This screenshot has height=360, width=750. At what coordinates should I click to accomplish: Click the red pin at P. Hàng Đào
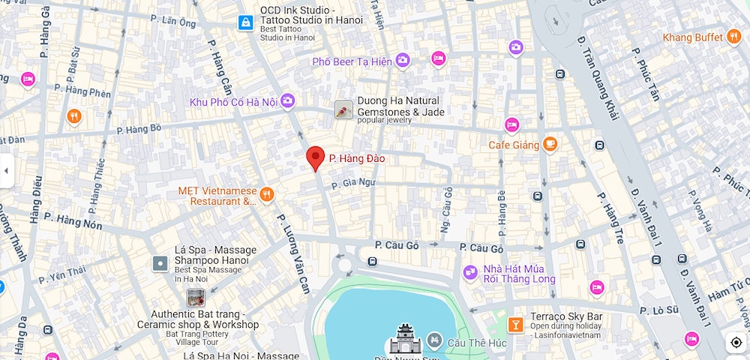point(316,158)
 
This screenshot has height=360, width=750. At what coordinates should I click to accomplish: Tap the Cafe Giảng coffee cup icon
point(550,144)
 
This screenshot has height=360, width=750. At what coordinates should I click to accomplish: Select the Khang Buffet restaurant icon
point(734,37)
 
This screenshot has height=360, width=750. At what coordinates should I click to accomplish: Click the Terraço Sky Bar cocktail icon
point(515,324)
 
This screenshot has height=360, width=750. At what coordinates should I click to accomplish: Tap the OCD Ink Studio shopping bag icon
point(244,23)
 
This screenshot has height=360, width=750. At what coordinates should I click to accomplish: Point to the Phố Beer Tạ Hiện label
point(352,61)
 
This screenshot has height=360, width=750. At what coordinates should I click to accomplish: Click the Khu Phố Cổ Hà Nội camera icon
point(288,101)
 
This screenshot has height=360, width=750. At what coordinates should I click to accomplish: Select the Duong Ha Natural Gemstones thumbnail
point(343,110)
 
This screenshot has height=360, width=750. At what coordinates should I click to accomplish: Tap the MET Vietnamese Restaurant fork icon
point(266,196)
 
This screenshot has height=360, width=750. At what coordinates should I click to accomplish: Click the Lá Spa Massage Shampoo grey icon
point(160,263)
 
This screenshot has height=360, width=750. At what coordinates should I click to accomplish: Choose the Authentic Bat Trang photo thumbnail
point(196,298)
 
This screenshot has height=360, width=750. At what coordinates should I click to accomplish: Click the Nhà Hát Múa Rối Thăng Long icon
point(470,274)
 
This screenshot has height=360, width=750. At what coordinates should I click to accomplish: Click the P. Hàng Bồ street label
point(139,129)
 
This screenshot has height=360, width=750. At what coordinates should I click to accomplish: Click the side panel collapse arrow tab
point(6,171)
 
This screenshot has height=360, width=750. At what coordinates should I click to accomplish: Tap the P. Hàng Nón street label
point(73,220)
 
